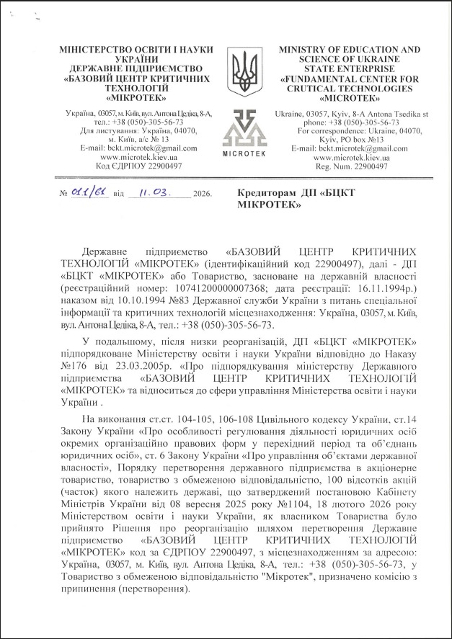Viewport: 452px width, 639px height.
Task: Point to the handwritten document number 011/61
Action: click(90, 194)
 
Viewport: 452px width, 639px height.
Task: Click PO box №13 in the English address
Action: click(378, 140)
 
